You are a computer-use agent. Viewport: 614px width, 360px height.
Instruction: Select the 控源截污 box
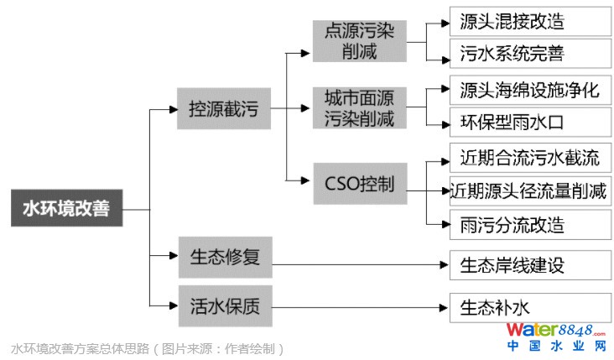click(x=223, y=109)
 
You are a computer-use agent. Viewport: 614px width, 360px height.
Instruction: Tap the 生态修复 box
click(x=225, y=257)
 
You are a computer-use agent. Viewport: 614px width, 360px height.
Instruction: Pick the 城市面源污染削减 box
click(x=359, y=109)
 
